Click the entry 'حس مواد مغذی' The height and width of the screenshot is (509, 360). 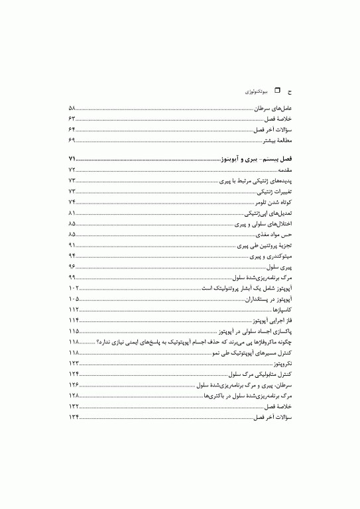pyautogui.click(x=275, y=235)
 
